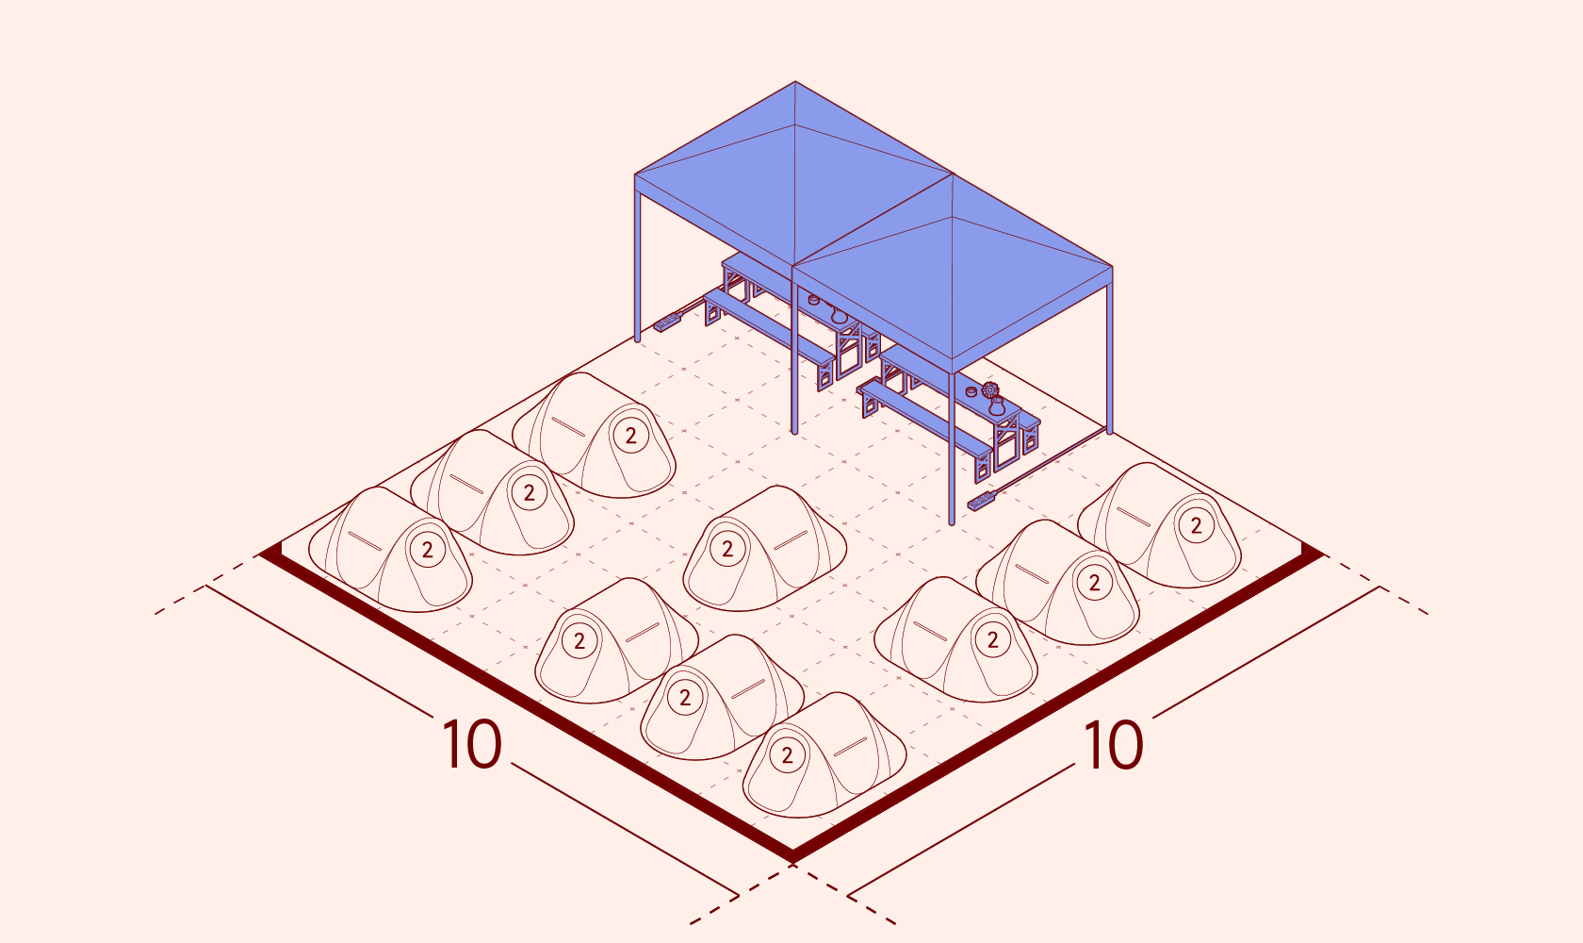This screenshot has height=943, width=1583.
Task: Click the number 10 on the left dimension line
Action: coord(471,744)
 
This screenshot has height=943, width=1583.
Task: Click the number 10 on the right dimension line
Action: coord(1112,744)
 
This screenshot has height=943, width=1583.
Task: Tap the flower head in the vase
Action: coord(990,389)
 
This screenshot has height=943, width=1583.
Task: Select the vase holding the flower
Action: coord(997,406)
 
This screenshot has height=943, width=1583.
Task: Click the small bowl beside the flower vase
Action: coord(971,391)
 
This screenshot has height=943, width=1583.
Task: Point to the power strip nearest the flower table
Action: coord(982,501)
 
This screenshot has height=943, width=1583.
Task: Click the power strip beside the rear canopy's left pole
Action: coord(667,322)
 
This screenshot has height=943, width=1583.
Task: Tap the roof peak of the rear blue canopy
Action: coord(795,82)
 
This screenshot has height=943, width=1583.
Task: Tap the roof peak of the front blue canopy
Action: coord(953,175)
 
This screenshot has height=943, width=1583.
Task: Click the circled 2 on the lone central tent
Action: coord(727,549)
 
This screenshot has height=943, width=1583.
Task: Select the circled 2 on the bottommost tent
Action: coord(788,755)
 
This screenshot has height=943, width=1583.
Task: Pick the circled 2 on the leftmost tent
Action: coord(428,550)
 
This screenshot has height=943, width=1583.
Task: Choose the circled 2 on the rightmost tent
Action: coord(1197,525)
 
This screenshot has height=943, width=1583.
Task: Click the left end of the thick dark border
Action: coord(262,554)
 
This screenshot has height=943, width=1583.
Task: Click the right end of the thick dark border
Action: coord(1320,554)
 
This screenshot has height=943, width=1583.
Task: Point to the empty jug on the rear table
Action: coord(839,314)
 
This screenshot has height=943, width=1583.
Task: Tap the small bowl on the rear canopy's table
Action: coord(813,300)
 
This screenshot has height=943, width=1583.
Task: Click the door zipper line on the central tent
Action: coord(790,539)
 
